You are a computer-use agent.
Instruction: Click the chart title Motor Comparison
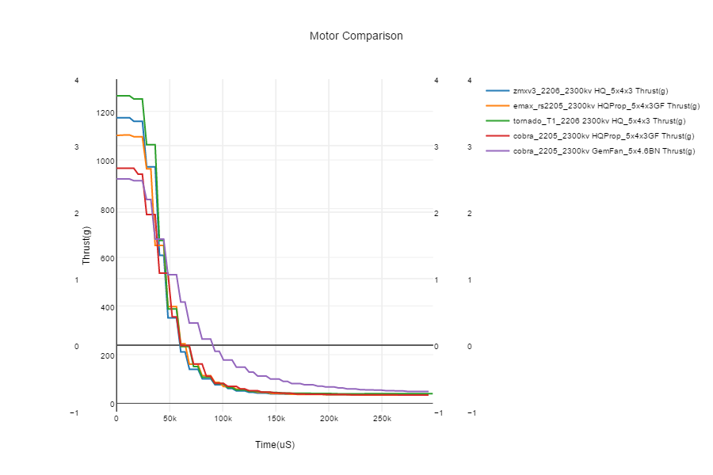pyautogui.click(x=356, y=36)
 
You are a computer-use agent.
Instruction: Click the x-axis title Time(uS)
pyautogui.click(x=275, y=445)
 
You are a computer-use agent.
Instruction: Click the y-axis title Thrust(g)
pyautogui.click(x=87, y=245)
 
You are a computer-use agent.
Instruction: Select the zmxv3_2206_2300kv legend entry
pyautogui.click(x=590, y=91)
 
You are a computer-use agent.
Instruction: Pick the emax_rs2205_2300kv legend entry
pyautogui.click(x=606, y=106)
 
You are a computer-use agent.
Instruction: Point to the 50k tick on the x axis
pyautogui.click(x=170, y=418)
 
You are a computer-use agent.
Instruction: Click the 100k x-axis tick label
pyautogui.click(x=223, y=418)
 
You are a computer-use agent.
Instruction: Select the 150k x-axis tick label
pyautogui.click(x=276, y=418)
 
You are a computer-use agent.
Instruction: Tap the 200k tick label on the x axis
pyautogui.click(x=329, y=418)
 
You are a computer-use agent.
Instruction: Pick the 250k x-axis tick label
pyautogui.click(x=382, y=418)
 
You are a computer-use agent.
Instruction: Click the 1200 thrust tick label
pyautogui.click(x=105, y=113)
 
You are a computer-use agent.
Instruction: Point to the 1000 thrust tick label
pyautogui.click(x=105, y=161)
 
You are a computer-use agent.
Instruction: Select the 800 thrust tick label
pyautogui.click(x=106, y=210)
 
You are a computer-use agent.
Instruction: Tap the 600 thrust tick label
pyautogui.click(x=106, y=258)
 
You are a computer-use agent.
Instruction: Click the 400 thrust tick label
pyautogui.click(x=106, y=307)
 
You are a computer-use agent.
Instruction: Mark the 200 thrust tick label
pyautogui.click(x=106, y=355)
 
